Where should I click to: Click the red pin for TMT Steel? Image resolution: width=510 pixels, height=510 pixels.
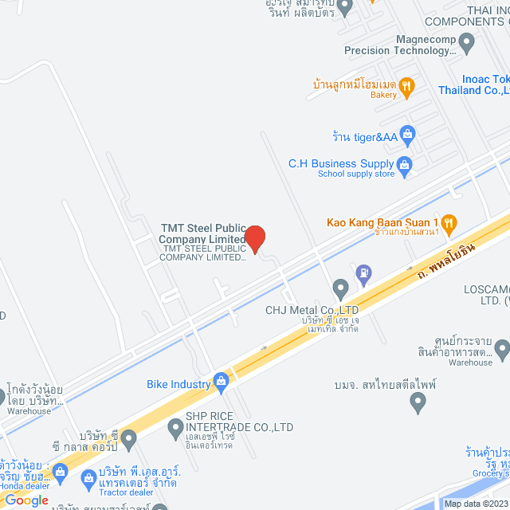[254, 237]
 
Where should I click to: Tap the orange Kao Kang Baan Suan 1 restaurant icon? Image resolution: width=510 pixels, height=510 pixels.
[449, 222]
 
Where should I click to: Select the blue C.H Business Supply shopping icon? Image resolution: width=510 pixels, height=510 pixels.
[405, 166]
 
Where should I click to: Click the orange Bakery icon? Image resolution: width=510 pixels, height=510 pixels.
[406, 86]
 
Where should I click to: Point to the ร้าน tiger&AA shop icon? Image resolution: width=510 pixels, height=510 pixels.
[408, 134]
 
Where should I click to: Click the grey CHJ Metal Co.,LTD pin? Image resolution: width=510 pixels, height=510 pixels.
[341, 288]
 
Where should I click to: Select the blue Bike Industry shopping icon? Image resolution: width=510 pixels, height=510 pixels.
[221, 384]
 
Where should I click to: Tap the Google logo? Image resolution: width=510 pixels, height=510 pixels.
[26, 500]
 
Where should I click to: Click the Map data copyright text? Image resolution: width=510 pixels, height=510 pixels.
[475, 504]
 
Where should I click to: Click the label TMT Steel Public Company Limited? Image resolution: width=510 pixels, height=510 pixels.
[202, 233]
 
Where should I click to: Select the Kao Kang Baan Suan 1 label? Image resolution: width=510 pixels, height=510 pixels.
[382, 222]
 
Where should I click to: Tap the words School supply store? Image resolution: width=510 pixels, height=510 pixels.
[356, 174]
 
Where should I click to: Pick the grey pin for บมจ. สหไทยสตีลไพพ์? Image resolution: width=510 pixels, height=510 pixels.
[418, 404]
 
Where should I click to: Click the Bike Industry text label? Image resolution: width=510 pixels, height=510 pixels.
[178, 384]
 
